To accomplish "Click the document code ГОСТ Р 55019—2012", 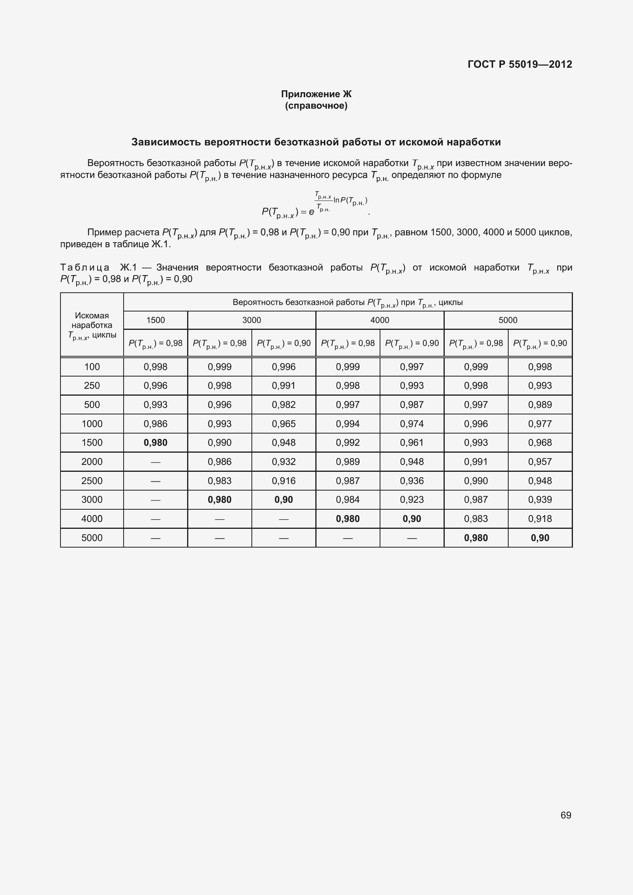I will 520,64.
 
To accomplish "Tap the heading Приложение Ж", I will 316,94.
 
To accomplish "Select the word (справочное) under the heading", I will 316,106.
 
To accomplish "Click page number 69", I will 566,815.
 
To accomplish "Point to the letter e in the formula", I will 312,212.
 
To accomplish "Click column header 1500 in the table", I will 155,320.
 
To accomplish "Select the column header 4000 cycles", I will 380,320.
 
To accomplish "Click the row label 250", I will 92,386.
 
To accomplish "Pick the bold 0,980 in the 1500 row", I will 155,442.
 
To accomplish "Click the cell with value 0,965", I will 284,424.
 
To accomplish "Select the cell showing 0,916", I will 284,481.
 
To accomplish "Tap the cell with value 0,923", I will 412,499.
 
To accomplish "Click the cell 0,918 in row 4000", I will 540,518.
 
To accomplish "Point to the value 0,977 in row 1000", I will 540,424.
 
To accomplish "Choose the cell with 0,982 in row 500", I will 284,404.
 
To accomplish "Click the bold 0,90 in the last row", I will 540,538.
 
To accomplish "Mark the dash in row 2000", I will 155,462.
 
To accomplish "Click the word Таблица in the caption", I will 85,267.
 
